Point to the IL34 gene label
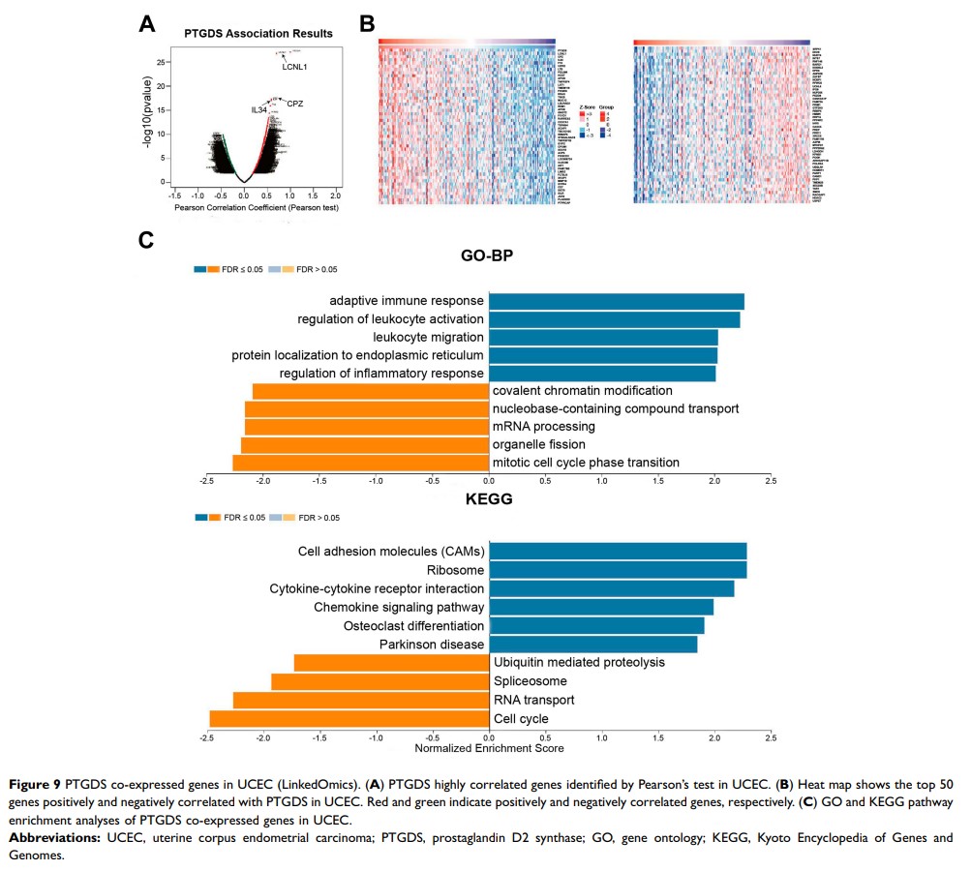[x=258, y=110]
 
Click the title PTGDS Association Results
[x=258, y=34]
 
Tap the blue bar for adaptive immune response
[x=617, y=302]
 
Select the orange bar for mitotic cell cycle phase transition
[x=361, y=463]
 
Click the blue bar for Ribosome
[x=618, y=570]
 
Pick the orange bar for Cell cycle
[x=349, y=718]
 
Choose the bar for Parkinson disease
[x=593, y=644]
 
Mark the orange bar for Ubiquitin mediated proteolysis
[x=391, y=663]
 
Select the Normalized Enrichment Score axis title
[x=489, y=748]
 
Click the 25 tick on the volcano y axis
[x=161, y=62]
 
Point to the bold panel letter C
[x=146, y=239]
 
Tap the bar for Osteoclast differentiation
[x=596, y=625]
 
